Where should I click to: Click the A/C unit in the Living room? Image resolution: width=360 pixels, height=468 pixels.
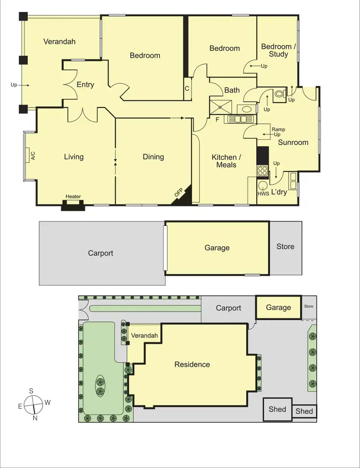click(27, 156)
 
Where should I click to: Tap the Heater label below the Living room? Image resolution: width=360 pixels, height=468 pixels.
click(73, 196)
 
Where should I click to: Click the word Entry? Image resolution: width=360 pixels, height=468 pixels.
click(85, 84)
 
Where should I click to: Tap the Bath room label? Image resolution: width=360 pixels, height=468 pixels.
click(232, 90)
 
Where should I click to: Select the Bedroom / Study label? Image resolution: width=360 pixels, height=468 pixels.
click(276, 50)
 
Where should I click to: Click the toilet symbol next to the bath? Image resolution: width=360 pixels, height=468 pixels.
click(278, 96)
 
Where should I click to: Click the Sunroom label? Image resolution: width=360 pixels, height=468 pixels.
click(293, 142)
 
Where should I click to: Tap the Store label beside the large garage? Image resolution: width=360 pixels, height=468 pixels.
click(285, 246)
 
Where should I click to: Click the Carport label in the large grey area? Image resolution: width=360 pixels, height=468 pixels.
click(100, 252)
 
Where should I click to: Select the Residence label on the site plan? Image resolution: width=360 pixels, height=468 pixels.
click(192, 364)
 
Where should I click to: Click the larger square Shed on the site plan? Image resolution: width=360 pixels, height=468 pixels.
click(277, 409)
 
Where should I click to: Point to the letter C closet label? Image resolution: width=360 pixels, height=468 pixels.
click(187, 89)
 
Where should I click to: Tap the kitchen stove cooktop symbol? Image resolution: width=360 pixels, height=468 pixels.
click(263, 170)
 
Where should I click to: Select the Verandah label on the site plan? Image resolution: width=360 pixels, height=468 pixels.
click(143, 336)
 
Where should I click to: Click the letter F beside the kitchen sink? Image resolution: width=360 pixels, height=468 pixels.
click(217, 120)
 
